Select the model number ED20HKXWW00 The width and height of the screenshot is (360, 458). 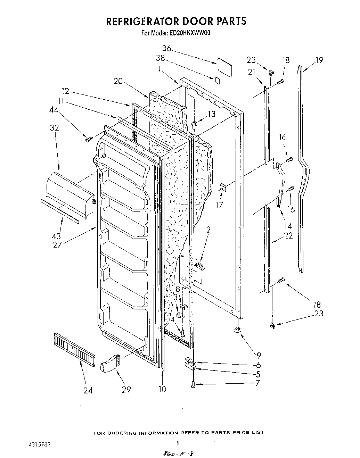point(190,33)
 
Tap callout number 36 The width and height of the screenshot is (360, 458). point(167,48)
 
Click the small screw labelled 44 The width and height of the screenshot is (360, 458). point(88,139)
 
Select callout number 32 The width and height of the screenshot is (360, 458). point(54,127)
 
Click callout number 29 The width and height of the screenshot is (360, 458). point(126,389)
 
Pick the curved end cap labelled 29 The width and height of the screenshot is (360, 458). point(110,363)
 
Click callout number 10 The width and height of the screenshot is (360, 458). point(162,389)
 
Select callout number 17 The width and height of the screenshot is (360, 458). point(219,205)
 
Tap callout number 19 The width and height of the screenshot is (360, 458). point(319,60)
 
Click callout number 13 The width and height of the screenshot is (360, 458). point(211,114)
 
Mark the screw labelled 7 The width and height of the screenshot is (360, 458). point(193,384)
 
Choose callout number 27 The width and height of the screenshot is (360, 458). point(57,244)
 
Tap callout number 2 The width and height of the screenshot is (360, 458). point(208,230)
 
